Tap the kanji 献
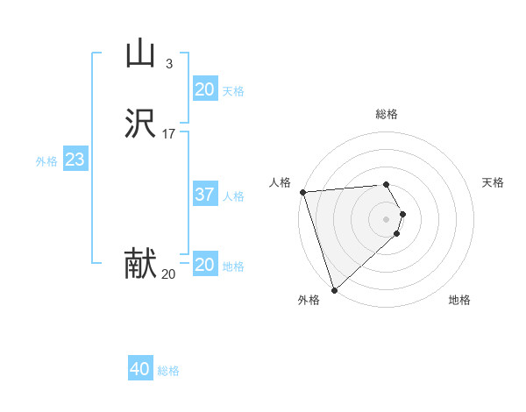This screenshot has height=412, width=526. point(139,264)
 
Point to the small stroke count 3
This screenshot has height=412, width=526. point(168,63)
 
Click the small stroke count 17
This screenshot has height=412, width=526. point(168,134)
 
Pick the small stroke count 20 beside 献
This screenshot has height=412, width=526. point(168,273)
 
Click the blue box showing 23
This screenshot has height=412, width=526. point(75,160)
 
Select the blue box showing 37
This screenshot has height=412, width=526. point(204,195)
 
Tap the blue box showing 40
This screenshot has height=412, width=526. point(140,370)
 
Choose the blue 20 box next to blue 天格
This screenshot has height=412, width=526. point(204,89)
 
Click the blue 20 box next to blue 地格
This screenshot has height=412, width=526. point(204,265)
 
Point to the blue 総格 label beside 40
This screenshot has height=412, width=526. point(168,371)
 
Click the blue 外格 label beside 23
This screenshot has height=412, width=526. point(46,161)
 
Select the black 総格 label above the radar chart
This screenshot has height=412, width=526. point(387,114)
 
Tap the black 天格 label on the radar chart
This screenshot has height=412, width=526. point(493,182)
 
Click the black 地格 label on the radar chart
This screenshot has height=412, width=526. point(459,300)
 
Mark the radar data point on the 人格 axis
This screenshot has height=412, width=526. point(302,192)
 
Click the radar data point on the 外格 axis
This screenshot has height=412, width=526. point(333,290)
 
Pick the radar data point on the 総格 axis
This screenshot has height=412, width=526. point(387,184)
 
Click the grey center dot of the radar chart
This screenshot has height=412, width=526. point(387,218)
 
